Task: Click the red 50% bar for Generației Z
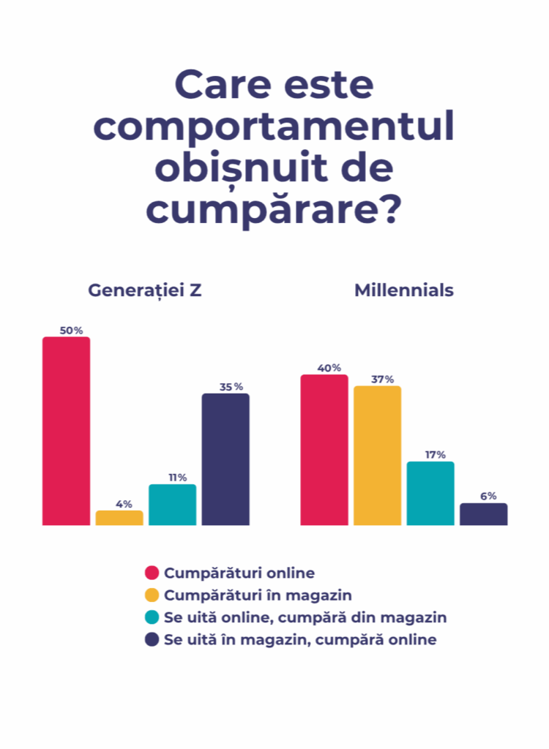point(66,431)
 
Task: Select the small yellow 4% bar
point(119,518)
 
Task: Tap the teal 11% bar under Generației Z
point(172,505)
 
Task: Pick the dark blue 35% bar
point(225,459)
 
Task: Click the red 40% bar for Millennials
point(324,450)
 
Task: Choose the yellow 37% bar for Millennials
point(378,455)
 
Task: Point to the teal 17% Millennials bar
point(430,493)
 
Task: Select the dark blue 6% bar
point(483,514)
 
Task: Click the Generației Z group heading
point(145,290)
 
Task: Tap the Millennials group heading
point(404,290)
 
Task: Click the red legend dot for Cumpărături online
point(152,572)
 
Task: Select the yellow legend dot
point(152,595)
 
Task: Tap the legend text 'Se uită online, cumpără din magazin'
point(305,617)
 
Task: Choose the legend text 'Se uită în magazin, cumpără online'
point(300,640)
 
